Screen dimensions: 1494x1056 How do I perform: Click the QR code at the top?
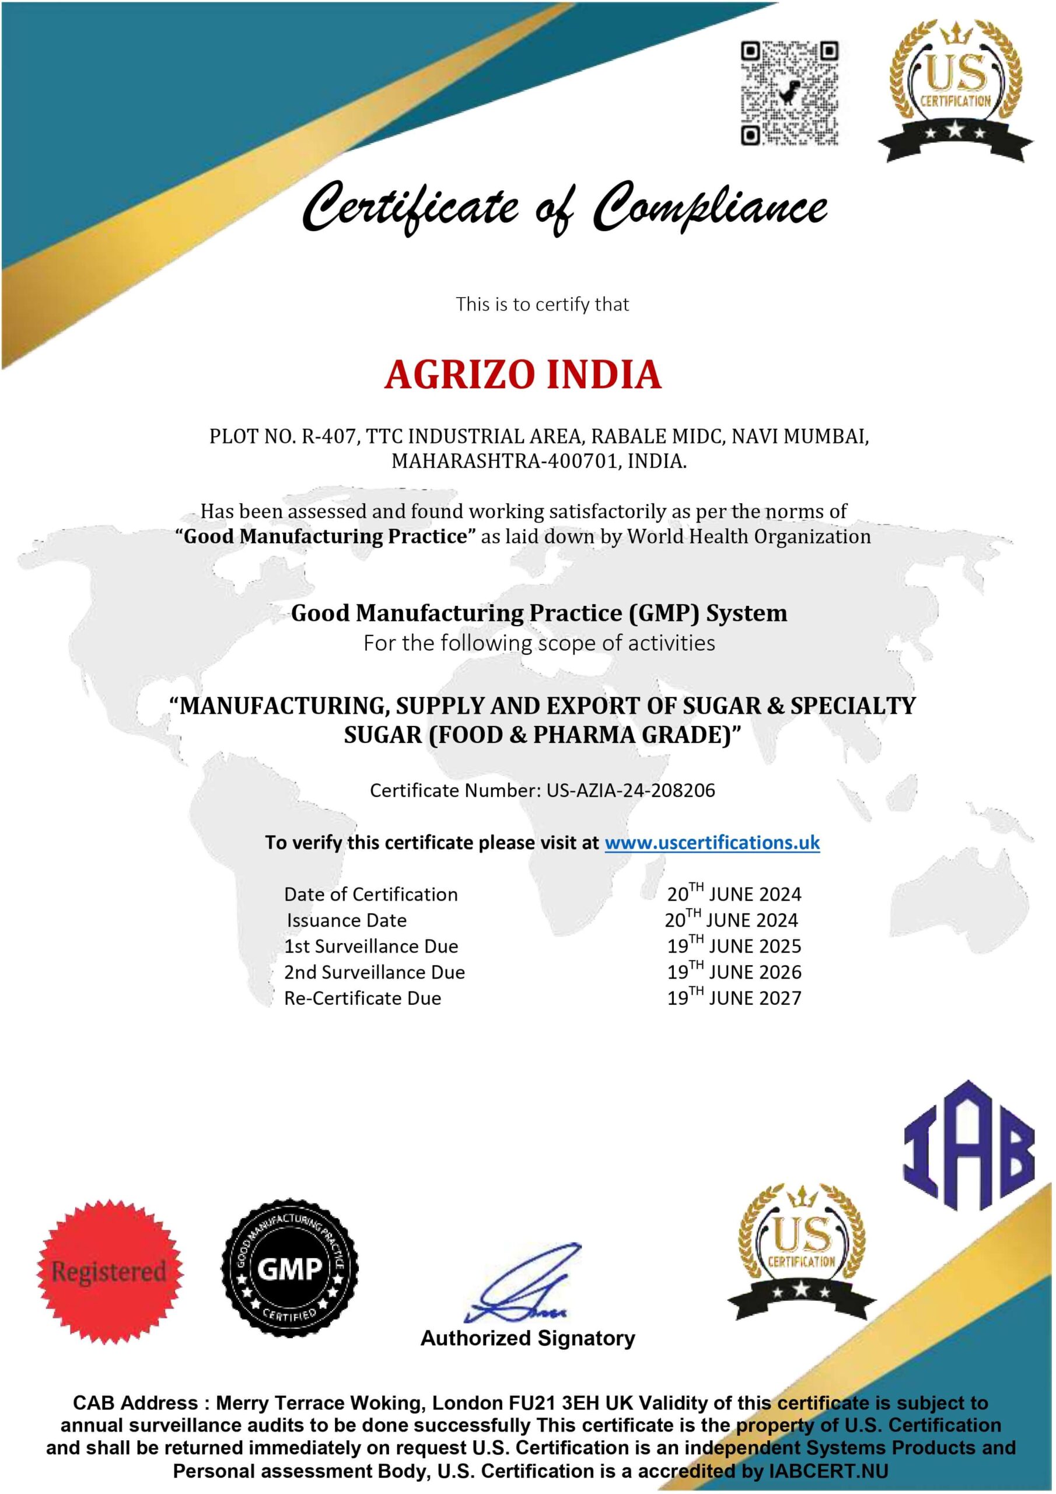pyautogui.click(x=790, y=93)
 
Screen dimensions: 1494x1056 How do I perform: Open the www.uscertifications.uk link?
pyautogui.click(x=712, y=843)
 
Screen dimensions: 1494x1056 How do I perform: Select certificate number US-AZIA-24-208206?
pyautogui.click(x=631, y=791)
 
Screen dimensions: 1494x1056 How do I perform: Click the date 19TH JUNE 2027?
pyautogui.click(x=734, y=997)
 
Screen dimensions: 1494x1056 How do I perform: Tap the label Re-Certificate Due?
pyautogui.click(x=362, y=998)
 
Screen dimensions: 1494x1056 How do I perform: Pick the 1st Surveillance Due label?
pyautogui.click(x=371, y=946)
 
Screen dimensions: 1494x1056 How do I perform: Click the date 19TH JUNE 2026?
pyautogui.click(x=734, y=972)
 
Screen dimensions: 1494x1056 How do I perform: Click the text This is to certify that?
pyautogui.click(x=542, y=304)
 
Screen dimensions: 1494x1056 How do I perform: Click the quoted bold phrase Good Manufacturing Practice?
pyautogui.click(x=326, y=537)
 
